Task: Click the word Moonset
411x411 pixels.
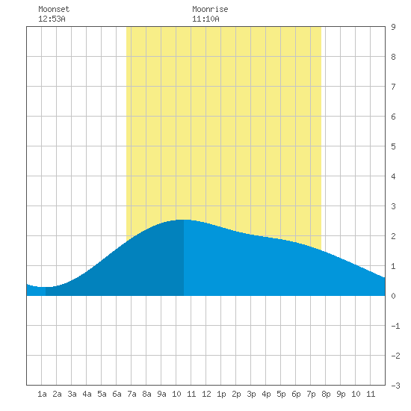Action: pos(54,9)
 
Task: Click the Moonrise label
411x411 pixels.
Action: pos(210,9)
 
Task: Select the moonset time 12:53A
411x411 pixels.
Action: pos(52,19)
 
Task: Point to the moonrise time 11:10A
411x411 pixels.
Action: pos(205,19)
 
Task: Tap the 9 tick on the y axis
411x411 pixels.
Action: pos(393,27)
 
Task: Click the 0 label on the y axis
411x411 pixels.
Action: pos(393,296)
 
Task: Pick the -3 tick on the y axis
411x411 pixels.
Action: pos(395,386)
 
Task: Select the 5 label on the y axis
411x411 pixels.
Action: pos(393,146)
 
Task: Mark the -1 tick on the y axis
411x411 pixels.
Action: pos(395,326)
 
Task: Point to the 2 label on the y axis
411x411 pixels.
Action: pos(393,236)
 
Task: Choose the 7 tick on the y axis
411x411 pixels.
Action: pos(393,87)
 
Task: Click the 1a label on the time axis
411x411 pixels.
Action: pos(42,394)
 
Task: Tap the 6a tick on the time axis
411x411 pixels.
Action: pos(117,394)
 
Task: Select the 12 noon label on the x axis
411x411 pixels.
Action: pos(206,394)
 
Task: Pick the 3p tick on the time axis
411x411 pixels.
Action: pos(251,394)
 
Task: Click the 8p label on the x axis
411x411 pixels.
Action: pos(326,394)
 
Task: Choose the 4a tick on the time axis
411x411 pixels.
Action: pos(87,394)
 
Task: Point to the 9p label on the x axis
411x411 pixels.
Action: pos(341,394)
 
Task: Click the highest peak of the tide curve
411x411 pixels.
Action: pos(184,220)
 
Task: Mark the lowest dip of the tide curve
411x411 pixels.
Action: pos(45,287)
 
